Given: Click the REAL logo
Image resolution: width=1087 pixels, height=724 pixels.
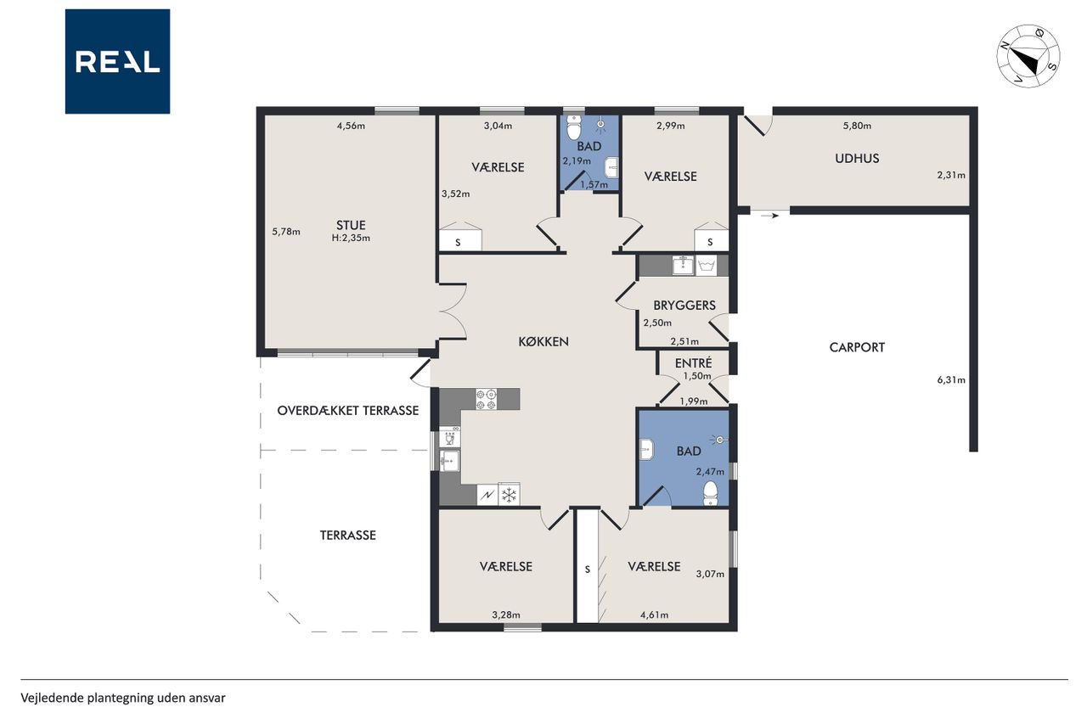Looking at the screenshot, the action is pyautogui.click(x=117, y=62).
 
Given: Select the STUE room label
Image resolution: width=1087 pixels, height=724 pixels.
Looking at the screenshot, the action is pyautogui.click(x=351, y=225).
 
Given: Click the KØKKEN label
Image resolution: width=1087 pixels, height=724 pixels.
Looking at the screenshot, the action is pyautogui.click(x=543, y=341).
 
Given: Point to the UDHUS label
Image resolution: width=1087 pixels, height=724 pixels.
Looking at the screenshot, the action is pyautogui.click(x=857, y=158).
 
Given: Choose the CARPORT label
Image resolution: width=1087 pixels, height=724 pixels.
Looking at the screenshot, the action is pyautogui.click(x=857, y=347).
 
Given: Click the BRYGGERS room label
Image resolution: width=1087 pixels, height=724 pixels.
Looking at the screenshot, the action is pyautogui.click(x=684, y=305).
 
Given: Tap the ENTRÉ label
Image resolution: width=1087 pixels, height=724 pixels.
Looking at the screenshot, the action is pyautogui.click(x=694, y=362).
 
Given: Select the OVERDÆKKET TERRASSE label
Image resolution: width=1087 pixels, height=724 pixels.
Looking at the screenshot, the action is pyautogui.click(x=348, y=410).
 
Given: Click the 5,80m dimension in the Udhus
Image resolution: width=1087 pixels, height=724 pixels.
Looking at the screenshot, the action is pyautogui.click(x=857, y=126).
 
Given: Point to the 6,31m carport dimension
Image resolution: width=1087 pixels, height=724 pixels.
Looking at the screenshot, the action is pyautogui.click(x=951, y=379).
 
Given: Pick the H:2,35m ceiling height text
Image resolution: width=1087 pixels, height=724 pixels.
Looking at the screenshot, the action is pyautogui.click(x=351, y=238).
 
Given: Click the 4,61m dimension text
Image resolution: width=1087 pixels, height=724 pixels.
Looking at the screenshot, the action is pyautogui.click(x=654, y=615).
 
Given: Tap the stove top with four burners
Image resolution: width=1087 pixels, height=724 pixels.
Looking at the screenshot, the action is pyautogui.click(x=487, y=399).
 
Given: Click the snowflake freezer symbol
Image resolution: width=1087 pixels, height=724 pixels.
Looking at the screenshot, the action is pyautogui.click(x=509, y=495).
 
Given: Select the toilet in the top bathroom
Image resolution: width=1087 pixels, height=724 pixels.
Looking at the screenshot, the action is pyautogui.click(x=573, y=127).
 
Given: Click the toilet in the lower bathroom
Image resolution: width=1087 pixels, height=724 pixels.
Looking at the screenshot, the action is pyautogui.click(x=711, y=493).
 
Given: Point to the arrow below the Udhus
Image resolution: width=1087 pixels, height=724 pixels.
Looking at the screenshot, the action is pyautogui.click(x=769, y=216).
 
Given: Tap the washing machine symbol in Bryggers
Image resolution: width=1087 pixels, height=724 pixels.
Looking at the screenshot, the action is pyautogui.click(x=707, y=267).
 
